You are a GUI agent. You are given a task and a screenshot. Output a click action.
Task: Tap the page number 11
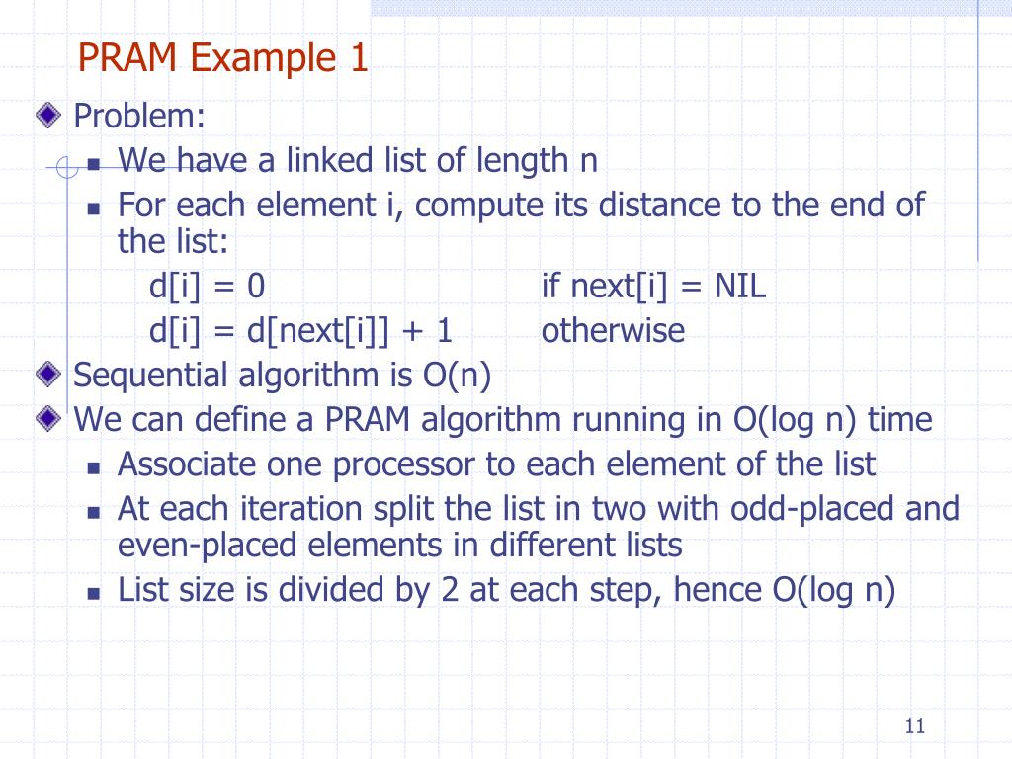pyautogui.click(x=913, y=727)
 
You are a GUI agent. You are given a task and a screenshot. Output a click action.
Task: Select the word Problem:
pyautogui.click(x=140, y=118)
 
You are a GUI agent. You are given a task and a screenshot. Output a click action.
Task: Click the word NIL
pyautogui.click(x=741, y=287)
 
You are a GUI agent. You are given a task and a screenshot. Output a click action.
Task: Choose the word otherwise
pyautogui.click(x=613, y=330)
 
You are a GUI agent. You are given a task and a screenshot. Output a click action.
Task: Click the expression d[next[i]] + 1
pyautogui.click(x=350, y=330)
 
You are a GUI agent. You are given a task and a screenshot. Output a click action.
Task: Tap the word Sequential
pyautogui.click(x=150, y=376)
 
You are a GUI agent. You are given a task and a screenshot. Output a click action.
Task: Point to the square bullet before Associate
pyautogui.click(x=94, y=465)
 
